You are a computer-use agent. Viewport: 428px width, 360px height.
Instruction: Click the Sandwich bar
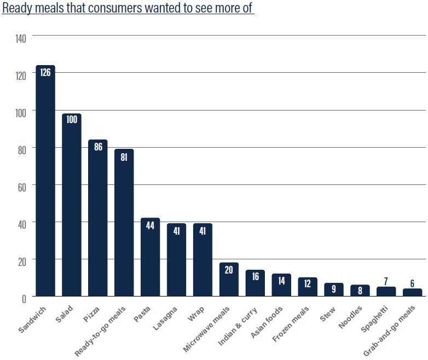45,181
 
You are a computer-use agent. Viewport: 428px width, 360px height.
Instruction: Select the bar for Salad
72,205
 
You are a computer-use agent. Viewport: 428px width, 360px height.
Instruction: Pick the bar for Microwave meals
229,280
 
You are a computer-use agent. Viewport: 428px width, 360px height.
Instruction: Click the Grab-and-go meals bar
412,292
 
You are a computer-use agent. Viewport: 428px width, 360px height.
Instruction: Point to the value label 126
45,72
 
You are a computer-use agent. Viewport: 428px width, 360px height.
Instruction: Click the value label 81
124,156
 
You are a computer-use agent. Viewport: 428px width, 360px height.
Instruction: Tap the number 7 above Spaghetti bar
386,281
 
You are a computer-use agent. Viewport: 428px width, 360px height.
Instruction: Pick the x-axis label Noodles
350,316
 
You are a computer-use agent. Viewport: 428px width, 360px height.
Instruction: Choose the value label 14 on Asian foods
281,281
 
